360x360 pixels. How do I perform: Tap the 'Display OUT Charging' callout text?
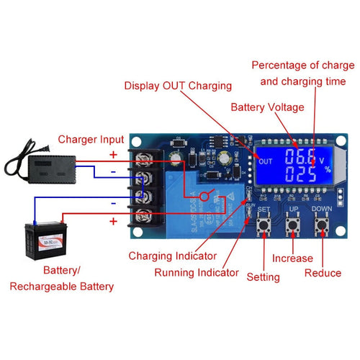[x=178, y=86]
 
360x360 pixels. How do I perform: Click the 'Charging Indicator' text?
[x=172, y=256]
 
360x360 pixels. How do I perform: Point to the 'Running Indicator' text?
[x=197, y=273]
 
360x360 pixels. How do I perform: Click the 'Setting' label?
[x=263, y=276]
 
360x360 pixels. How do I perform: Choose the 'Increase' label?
[x=292, y=258]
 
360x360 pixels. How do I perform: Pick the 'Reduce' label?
[x=323, y=273]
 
